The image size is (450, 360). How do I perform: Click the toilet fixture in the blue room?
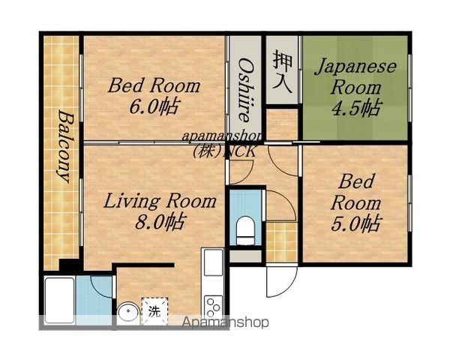click(x=245, y=230)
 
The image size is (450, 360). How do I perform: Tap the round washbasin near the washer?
click(x=128, y=313)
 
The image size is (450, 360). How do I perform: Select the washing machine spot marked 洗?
click(x=154, y=311)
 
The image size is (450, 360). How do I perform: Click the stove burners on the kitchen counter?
click(x=213, y=306)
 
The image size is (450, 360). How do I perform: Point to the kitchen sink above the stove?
click(x=213, y=262)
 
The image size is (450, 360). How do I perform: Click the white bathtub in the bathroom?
click(x=59, y=300)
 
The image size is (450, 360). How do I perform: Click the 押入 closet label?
click(x=283, y=71)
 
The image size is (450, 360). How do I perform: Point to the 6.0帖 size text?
click(x=154, y=106)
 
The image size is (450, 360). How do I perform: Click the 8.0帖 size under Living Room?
click(x=160, y=221)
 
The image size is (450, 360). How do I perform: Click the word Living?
click(x=131, y=201)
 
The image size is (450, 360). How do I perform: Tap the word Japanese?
click(x=355, y=67)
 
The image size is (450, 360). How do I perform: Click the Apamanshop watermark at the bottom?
click(x=226, y=322)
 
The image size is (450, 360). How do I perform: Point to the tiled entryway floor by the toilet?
click(x=281, y=242)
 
